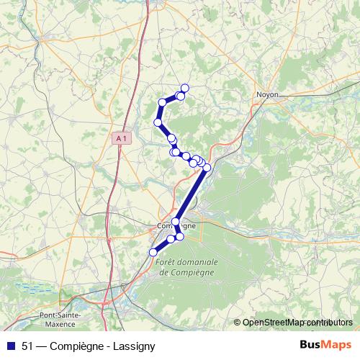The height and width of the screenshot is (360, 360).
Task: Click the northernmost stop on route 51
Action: (x=184, y=88)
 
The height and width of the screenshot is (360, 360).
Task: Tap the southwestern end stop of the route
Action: (x=153, y=252)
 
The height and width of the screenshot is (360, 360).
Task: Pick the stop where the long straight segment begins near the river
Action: (x=207, y=168)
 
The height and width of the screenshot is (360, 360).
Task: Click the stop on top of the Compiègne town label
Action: (x=176, y=222)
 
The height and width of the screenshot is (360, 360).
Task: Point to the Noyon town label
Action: (x=267, y=94)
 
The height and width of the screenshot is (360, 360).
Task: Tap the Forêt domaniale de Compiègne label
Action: (x=184, y=267)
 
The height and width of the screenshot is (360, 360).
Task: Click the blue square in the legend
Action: (x=11, y=346)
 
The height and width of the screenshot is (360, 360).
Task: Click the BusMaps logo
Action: (x=326, y=345)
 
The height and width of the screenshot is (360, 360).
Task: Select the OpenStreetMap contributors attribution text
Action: (x=297, y=323)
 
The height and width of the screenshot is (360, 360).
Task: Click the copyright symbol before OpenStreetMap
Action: (x=238, y=323)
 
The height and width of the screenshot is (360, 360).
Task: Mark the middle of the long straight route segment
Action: (x=192, y=195)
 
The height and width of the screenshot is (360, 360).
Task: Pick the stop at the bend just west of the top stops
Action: (x=163, y=102)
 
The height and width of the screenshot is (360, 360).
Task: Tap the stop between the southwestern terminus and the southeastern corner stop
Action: (x=171, y=239)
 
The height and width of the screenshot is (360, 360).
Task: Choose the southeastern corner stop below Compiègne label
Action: (x=180, y=236)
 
